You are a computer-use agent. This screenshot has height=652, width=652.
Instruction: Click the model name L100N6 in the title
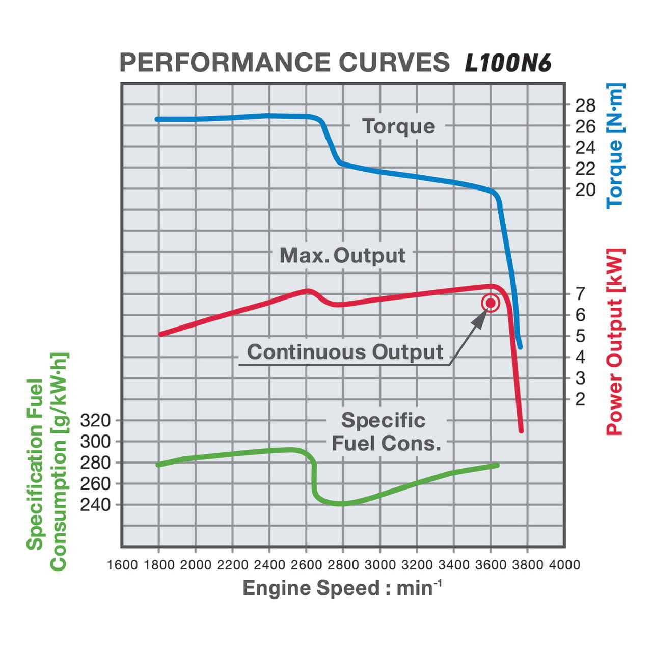click(508, 63)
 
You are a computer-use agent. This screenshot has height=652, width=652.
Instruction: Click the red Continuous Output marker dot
click(490, 304)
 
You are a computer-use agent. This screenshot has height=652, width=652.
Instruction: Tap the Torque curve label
click(398, 126)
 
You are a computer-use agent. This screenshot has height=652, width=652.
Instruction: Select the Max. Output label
click(342, 255)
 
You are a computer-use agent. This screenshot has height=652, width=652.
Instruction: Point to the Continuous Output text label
click(345, 352)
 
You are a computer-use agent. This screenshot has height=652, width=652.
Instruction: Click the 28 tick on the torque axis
click(585, 105)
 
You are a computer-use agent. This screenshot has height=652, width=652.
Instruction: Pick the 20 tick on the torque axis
click(585, 189)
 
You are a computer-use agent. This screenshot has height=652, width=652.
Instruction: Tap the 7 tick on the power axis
click(580, 293)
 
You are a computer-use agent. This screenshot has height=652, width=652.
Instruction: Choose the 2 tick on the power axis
click(580, 399)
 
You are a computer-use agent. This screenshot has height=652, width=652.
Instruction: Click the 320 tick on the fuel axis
click(95, 420)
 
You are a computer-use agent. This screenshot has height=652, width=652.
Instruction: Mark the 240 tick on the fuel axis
click(95, 504)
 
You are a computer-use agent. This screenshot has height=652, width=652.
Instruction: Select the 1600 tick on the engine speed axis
click(122, 565)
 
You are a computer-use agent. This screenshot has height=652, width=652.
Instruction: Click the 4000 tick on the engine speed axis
click(564, 565)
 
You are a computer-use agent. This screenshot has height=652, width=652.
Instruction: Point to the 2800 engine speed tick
click(343, 565)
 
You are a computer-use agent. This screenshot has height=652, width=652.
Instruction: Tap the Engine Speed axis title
click(342, 588)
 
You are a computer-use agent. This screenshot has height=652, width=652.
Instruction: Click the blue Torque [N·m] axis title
click(615, 146)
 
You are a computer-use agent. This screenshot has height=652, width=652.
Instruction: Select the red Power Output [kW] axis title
click(615, 341)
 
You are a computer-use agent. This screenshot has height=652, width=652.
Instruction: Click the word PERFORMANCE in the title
click(225, 63)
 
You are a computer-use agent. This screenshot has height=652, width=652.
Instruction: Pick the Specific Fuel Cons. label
click(386, 432)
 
